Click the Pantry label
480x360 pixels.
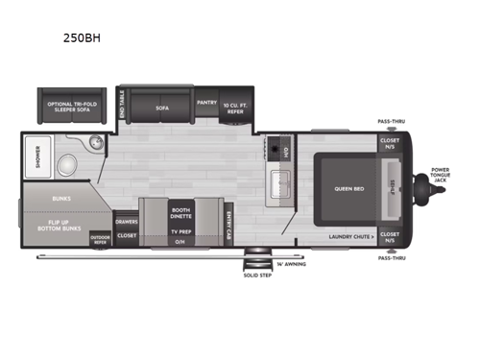pyautogui.click(x=206, y=101)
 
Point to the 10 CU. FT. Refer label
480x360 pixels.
pyautogui.click(x=235, y=107)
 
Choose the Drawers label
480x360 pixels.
pyautogui.click(x=126, y=221)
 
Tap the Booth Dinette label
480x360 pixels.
pyautogui.click(x=180, y=212)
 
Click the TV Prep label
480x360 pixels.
pyautogui.click(x=180, y=231)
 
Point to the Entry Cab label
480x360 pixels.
pyautogui.click(x=228, y=223)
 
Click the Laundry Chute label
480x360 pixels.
pyautogui.click(x=352, y=235)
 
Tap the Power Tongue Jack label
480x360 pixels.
pyautogui.click(x=441, y=175)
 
